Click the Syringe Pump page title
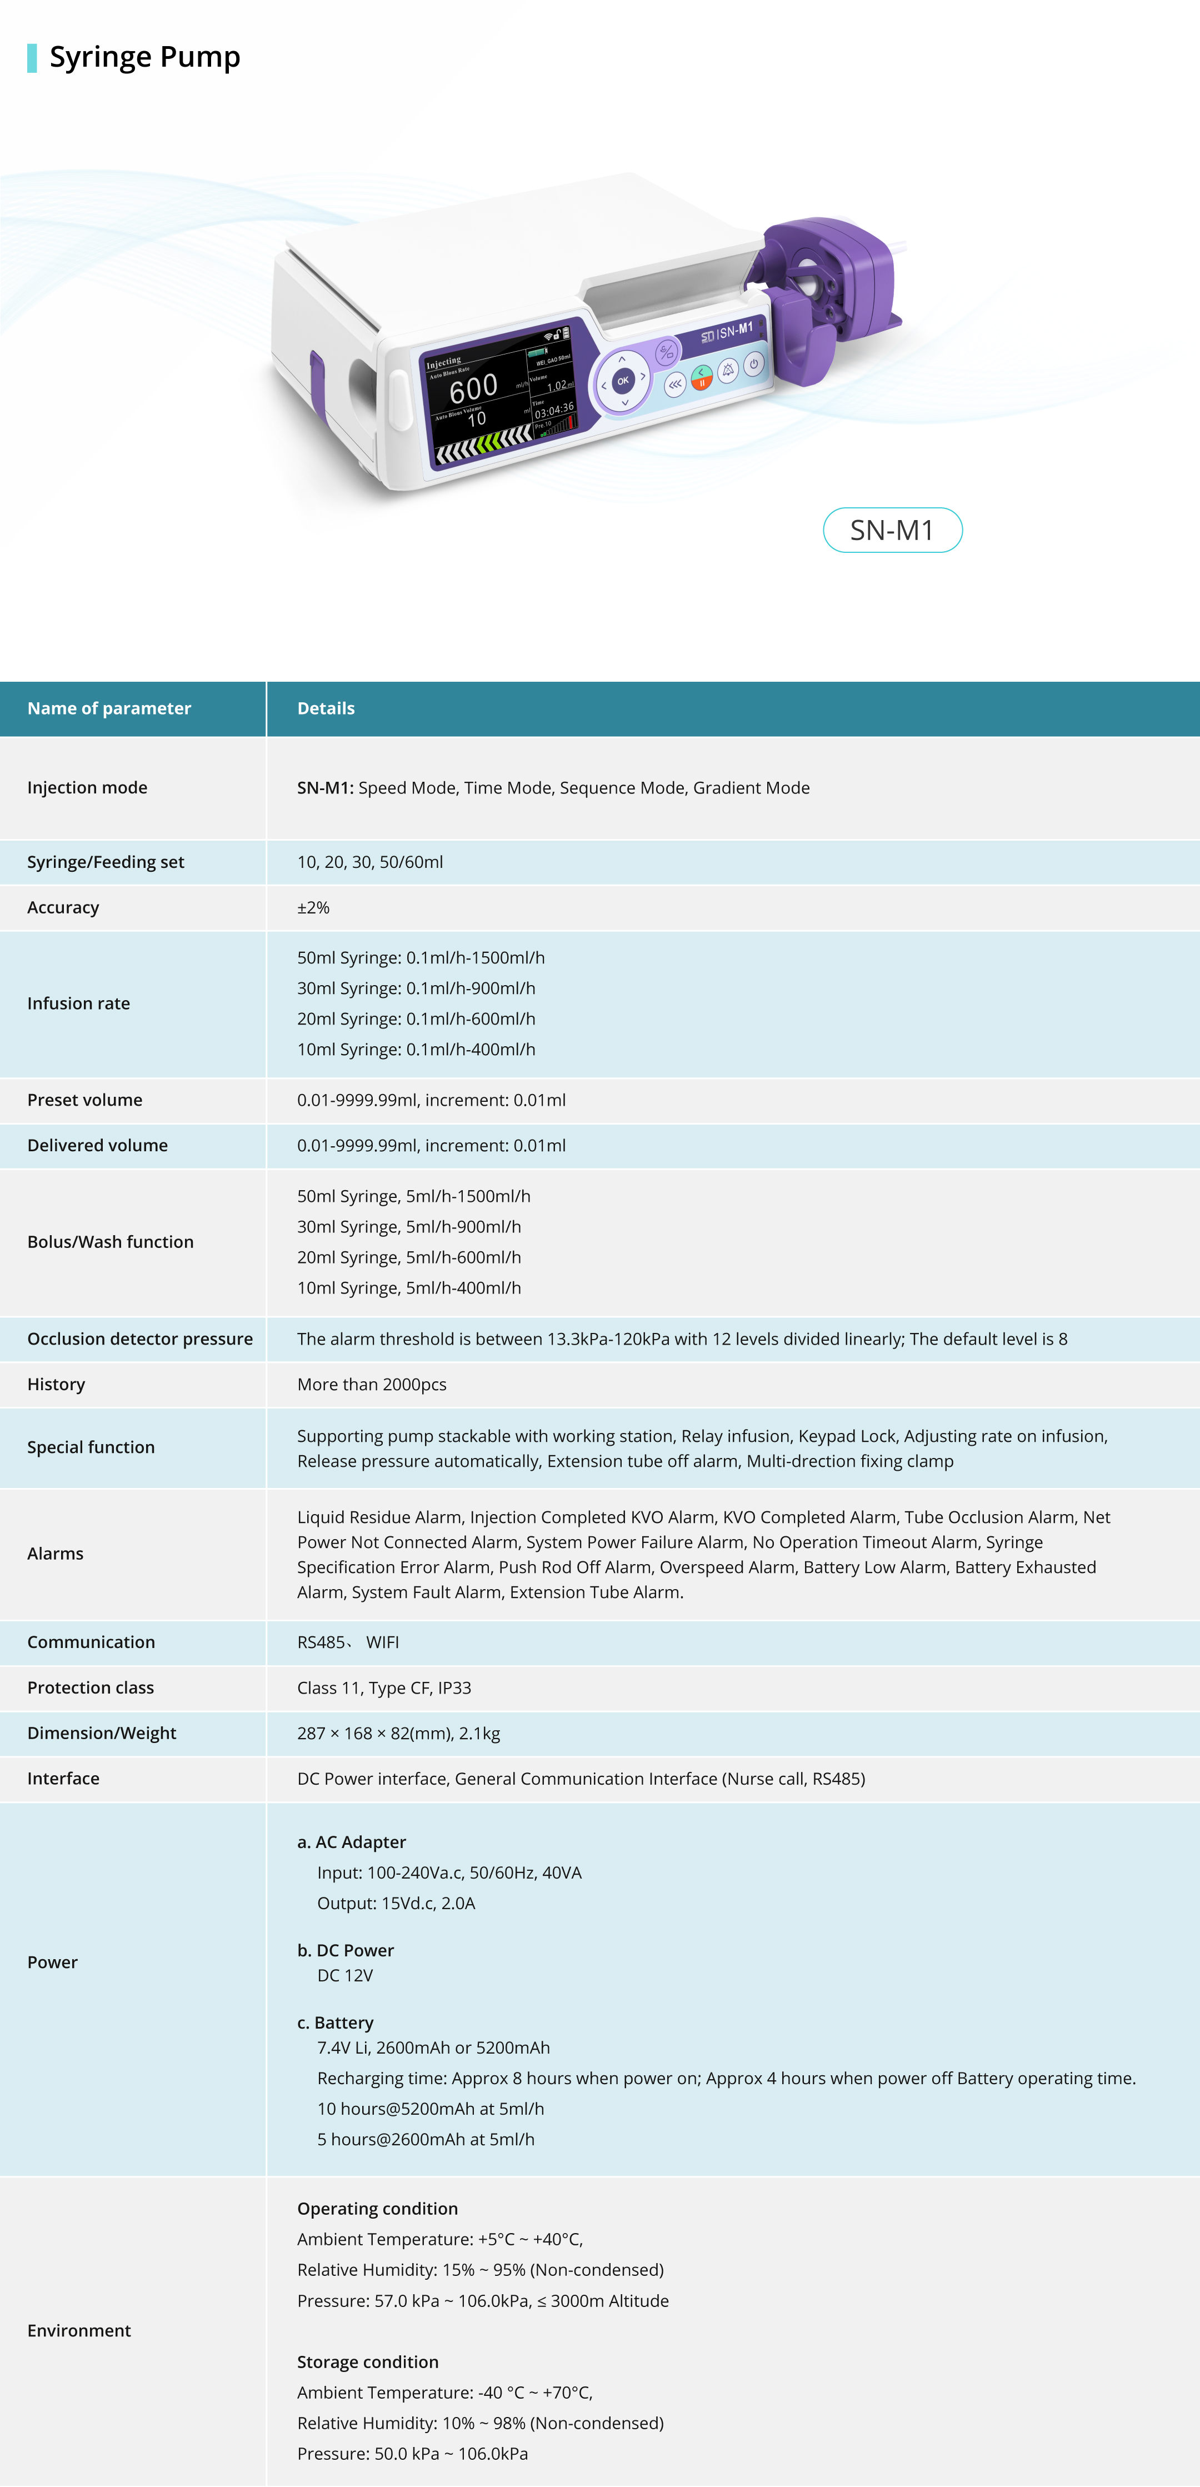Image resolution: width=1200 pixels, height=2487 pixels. [145, 57]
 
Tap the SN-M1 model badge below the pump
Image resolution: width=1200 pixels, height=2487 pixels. [892, 530]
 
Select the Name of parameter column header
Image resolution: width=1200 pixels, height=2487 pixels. [109, 708]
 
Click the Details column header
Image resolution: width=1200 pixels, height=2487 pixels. [326, 708]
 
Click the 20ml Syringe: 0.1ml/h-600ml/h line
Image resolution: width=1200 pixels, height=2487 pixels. [416, 1018]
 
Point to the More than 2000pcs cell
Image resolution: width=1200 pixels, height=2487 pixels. [372, 1385]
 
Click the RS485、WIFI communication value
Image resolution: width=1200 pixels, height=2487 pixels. [348, 1642]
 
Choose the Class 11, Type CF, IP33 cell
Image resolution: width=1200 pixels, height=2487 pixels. [384, 1687]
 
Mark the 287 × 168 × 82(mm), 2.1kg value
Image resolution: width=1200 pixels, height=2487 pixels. [399, 1733]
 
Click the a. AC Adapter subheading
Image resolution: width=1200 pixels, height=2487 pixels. [352, 1842]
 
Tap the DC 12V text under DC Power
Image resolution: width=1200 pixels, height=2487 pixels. [344, 1975]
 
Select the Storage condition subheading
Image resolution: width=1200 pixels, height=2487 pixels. [368, 2361]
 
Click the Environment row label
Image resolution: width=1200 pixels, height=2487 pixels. [79, 2331]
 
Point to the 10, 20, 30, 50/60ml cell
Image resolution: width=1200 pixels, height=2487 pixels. [370, 862]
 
